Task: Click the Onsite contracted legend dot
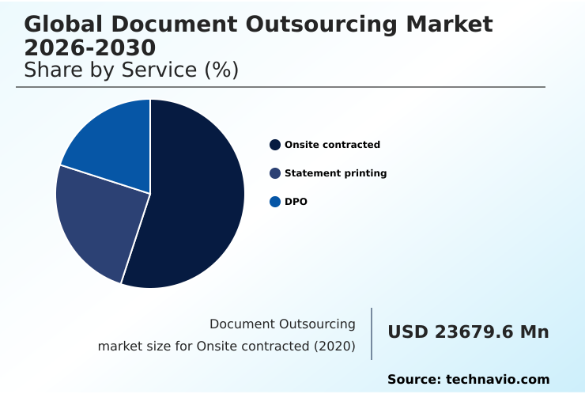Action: click(275, 145)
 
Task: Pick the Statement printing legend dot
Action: click(275, 173)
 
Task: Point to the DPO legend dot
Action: click(275, 202)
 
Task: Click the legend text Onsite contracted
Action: click(332, 145)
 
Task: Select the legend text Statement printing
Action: click(335, 173)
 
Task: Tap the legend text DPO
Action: click(296, 202)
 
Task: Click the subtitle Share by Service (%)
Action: click(131, 70)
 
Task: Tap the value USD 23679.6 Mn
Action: click(468, 332)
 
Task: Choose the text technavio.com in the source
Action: click(497, 380)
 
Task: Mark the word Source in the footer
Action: click(413, 380)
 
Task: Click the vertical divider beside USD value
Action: click(372, 334)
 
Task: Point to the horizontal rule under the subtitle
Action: click(281, 87)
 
